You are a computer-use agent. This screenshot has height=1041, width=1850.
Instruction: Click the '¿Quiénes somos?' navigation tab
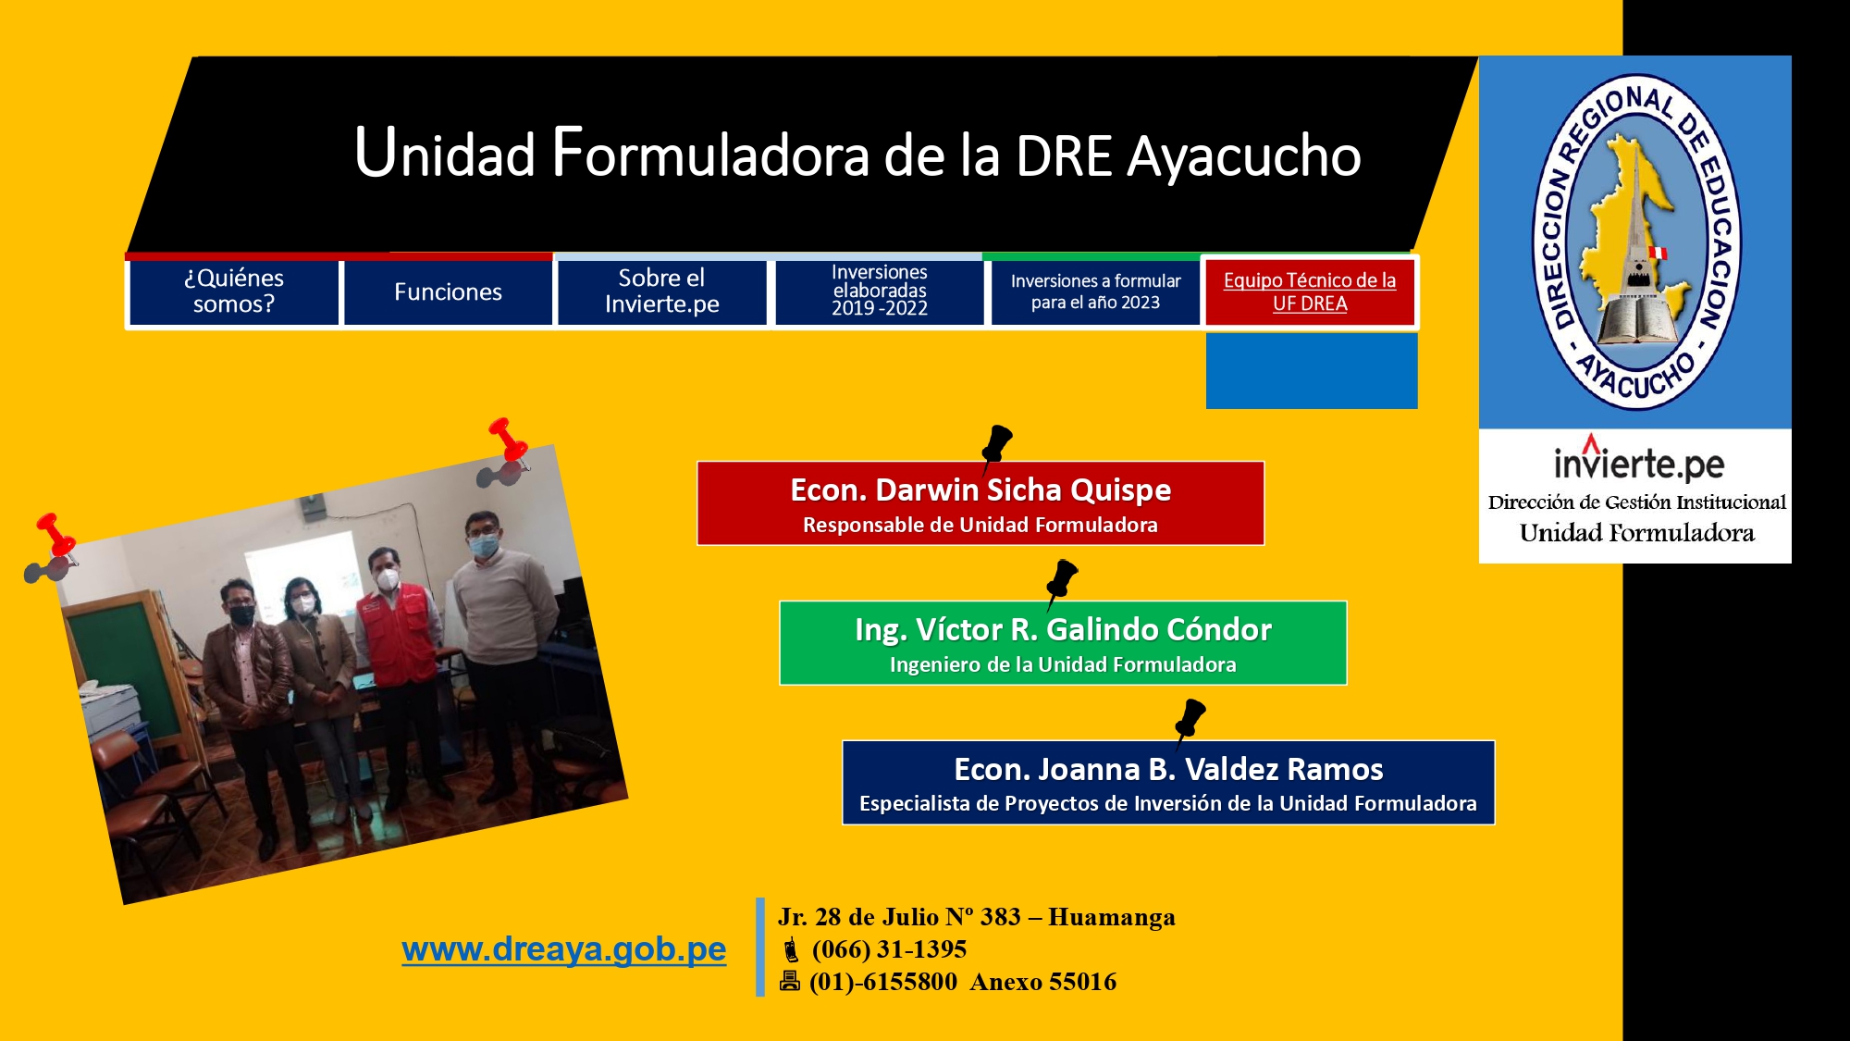[x=234, y=292]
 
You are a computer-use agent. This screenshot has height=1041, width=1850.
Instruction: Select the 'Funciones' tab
[x=448, y=292]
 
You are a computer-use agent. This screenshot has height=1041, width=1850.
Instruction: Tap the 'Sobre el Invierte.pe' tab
[x=662, y=292]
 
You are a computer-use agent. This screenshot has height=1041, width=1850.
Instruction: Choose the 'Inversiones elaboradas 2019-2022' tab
[x=880, y=292]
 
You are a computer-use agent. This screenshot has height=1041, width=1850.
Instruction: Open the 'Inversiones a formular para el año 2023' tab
[x=1095, y=292]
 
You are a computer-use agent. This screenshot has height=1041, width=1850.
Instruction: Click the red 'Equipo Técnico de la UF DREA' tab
[x=1310, y=292]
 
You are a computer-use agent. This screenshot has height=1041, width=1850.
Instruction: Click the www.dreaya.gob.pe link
[x=564, y=950]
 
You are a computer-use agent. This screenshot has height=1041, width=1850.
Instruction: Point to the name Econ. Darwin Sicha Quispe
[x=980, y=490]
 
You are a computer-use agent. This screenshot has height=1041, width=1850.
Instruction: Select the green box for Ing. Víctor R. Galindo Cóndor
[x=1063, y=643]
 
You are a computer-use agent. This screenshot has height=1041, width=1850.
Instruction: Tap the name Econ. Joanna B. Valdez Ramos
[x=1168, y=769]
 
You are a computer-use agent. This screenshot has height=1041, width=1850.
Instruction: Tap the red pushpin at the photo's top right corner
[x=508, y=440]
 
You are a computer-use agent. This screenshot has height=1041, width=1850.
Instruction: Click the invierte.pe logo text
[x=1638, y=460]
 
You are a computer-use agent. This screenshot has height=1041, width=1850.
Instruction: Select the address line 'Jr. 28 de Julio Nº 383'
[x=899, y=917]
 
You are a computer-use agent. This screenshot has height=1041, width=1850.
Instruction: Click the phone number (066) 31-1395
[x=889, y=949]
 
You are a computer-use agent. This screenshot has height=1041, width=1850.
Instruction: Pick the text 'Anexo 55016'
[x=1043, y=982]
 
